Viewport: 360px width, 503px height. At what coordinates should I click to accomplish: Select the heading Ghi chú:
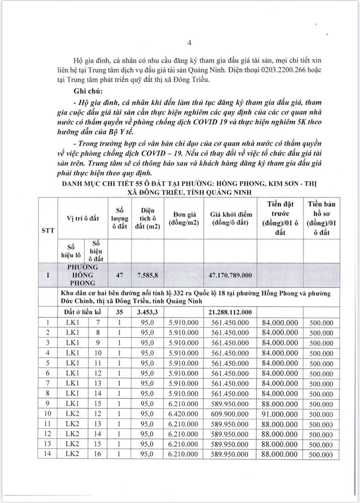[87, 92]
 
